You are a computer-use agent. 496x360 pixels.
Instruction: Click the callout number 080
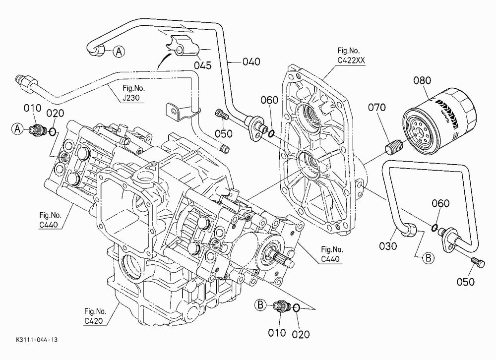point(422,80)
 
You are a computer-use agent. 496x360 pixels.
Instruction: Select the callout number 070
point(377,108)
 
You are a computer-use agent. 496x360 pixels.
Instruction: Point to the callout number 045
point(203,65)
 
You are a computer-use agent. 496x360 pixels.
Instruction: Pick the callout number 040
point(251,61)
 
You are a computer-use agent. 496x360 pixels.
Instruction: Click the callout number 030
point(388,246)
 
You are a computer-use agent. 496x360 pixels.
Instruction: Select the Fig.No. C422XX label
point(351,56)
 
